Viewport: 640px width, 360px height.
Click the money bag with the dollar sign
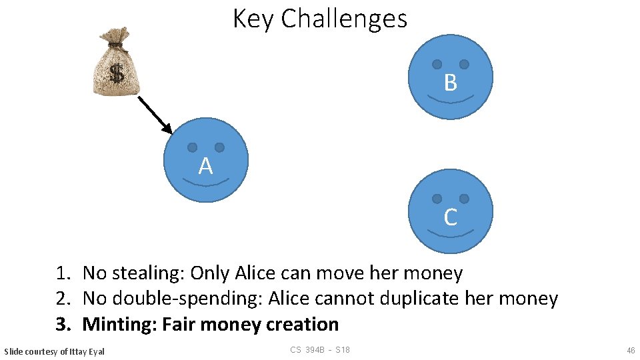[x=117, y=64]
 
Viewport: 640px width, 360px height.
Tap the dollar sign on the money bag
[x=117, y=74]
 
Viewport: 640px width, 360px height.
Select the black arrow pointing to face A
[x=155, y=115]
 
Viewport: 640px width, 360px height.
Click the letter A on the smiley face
[x=205, y=166]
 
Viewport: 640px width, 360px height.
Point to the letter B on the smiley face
[x=450, y=83]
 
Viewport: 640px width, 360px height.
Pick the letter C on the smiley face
[x=450, y=217]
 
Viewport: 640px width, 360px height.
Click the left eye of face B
[x=437, y=65]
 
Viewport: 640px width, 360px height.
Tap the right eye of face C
[x=464, y=199]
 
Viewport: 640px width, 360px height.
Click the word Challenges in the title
[x=344, y=19]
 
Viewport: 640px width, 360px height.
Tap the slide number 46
[x=631, y=350]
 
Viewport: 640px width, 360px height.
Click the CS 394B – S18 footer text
[x=320, y=350]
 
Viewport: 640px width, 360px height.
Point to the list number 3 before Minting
[x=62, y=325]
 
